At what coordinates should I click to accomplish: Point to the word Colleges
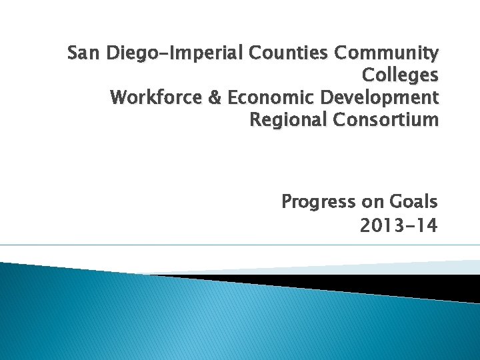click(x=400, y=75)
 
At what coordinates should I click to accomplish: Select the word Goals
click(x=413, y=201)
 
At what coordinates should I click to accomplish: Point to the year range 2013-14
click(x=399, y=226)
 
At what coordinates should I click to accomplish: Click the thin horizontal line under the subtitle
click(x=240, y=245)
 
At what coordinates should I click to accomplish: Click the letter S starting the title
click(x=73, y=53)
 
